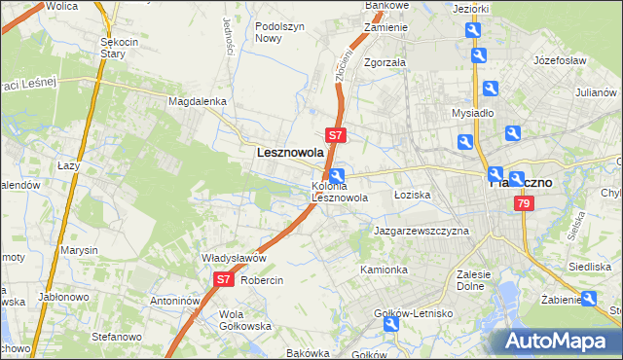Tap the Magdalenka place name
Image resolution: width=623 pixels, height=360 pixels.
(x=198, y=100)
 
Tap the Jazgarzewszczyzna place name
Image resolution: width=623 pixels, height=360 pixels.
(x=421, y=232)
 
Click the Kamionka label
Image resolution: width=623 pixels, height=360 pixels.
(x=384, y=269)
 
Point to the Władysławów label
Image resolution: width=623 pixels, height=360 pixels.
(x=234, y=258)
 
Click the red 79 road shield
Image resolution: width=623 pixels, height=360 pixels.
(x=525, y=203)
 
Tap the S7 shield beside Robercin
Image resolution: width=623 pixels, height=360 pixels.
(x=223, y=279)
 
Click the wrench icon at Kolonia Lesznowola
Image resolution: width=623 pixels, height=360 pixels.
(x=336, y=176)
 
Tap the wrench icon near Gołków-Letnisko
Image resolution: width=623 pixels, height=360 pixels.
(x=392, y=325)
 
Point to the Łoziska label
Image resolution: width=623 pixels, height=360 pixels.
(x=412, y=195)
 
